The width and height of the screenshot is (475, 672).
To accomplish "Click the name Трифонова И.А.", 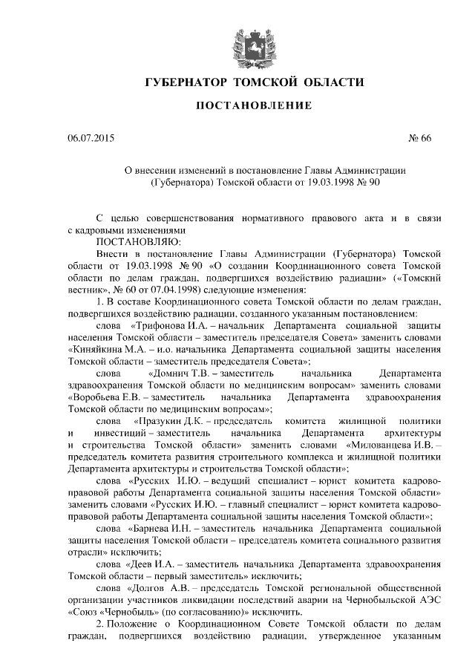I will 167,325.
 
